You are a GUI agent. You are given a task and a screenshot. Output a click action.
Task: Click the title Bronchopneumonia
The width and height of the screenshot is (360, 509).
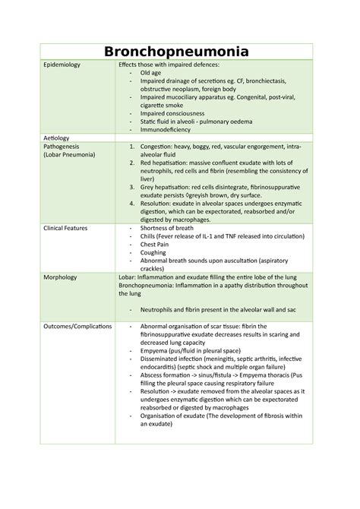pos(180,53)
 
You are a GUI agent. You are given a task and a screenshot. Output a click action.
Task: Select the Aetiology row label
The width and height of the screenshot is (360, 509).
pos(59,136)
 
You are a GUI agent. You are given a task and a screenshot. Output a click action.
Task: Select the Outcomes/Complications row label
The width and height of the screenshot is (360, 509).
pos(84,326)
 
